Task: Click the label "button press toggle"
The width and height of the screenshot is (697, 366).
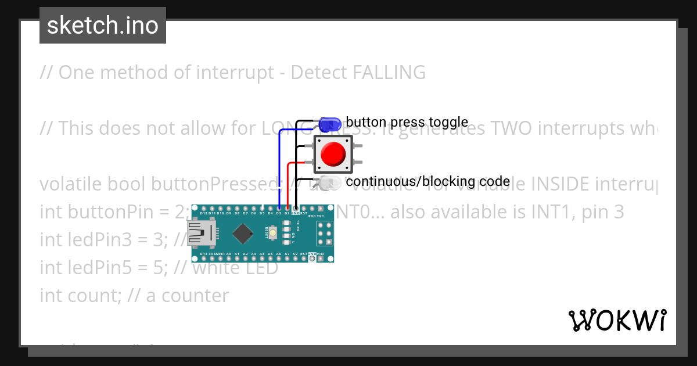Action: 407,122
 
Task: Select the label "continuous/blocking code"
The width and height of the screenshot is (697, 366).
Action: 427,181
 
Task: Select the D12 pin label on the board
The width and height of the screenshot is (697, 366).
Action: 204,213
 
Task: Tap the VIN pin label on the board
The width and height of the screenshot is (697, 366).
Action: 320,254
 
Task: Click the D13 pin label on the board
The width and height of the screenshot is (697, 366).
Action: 204,254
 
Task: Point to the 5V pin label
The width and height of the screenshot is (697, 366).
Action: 295,254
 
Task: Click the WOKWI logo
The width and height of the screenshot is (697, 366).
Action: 617,320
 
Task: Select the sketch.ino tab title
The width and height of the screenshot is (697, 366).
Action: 102,26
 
